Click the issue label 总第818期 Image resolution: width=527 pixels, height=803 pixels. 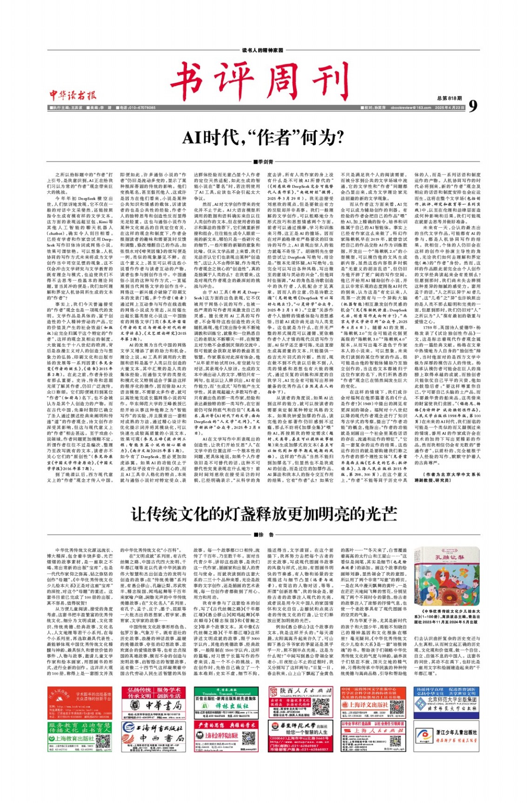pos(449,98)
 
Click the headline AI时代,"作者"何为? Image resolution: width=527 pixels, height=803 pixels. pos(263,138)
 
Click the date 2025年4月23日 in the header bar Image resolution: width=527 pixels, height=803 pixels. pos(450,108)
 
